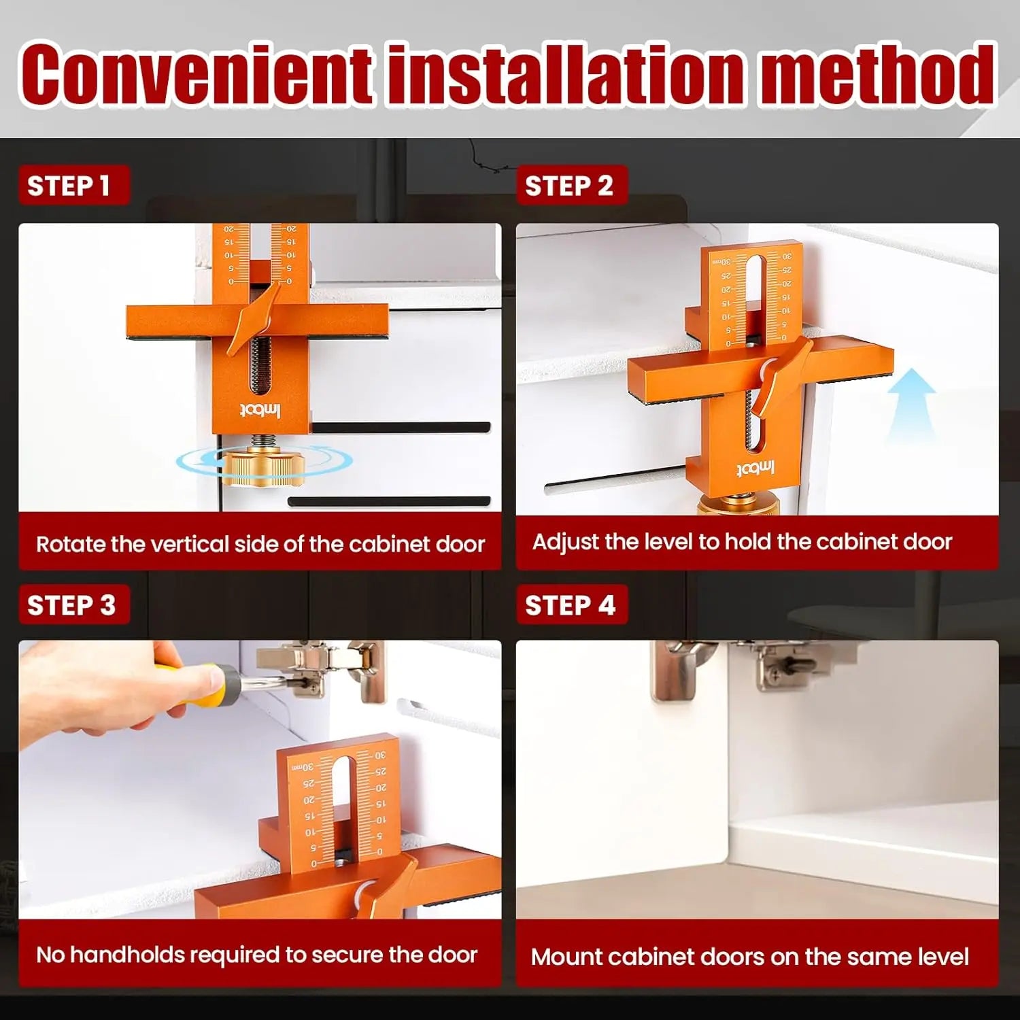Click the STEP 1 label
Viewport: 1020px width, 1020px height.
(x=68, y=186)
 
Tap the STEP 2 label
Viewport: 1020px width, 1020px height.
(x=569, y=186)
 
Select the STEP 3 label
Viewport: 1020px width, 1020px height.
(x=71, y=605)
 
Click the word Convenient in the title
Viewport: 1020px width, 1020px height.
(x=197, y=73)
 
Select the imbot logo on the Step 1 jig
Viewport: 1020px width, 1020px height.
(x=260, y=410)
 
